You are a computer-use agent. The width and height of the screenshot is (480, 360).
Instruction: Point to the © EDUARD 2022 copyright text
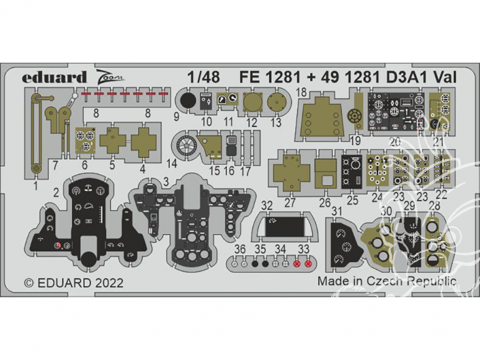74,283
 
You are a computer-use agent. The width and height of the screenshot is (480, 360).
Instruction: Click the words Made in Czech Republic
387,281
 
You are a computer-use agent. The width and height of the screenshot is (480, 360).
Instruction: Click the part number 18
302,93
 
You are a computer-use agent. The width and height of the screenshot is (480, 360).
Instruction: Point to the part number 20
394,141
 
